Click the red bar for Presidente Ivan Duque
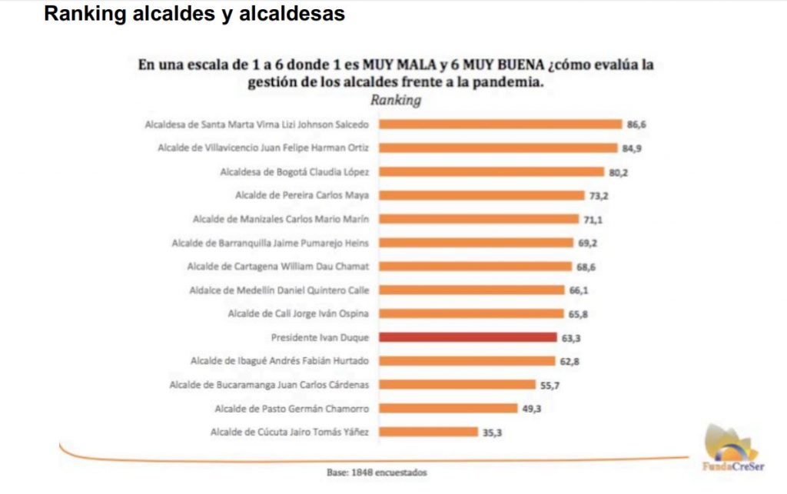click(x=467, y=337)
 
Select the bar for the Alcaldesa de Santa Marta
click(x=500, y=124)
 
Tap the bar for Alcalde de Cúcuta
click(x=428, y=433)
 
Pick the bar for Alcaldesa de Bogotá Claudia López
click(x=492, y=171)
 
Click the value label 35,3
click(x=493, y=433)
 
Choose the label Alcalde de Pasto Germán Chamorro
click(x=293, y=409)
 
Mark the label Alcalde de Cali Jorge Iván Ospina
click(x=299, y=313)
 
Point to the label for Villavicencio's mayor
click(x=263, y=148)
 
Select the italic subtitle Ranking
click(x=396, y=101)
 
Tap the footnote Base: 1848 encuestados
click(x=377, y=472)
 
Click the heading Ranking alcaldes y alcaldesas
click(x=194, y=14)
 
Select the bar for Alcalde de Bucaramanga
click(x=457, y=385)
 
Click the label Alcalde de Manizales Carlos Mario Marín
click(x=281, y=219)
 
